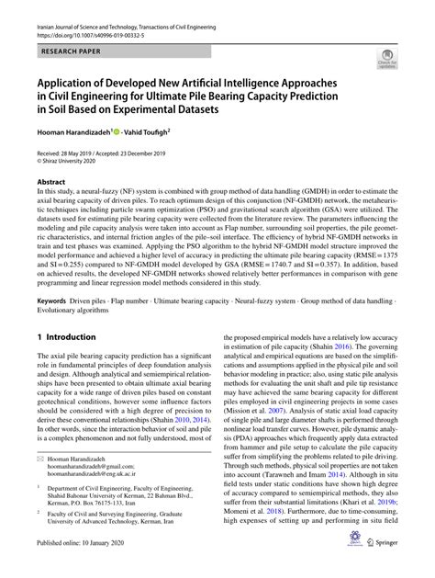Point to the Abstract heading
click(x=50, y=182)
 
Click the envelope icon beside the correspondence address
click(x=42, y=457)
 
